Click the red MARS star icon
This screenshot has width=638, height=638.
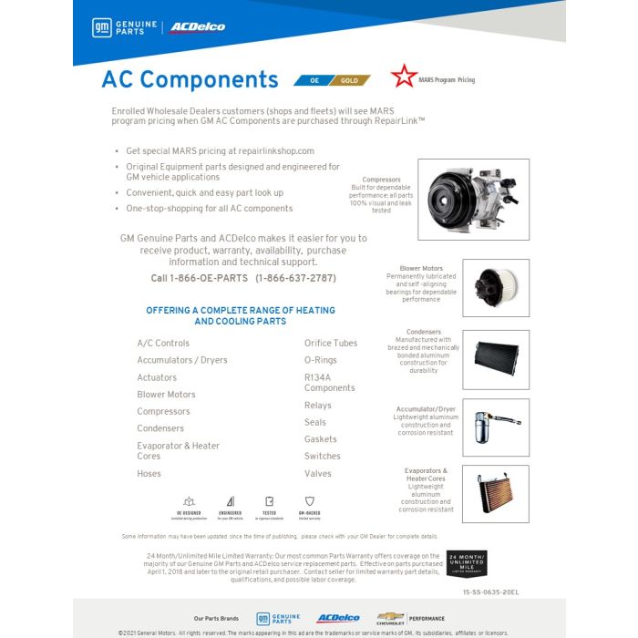403,77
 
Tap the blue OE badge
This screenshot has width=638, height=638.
313,80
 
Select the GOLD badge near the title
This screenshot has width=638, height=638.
350,80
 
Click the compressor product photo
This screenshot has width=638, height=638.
473,200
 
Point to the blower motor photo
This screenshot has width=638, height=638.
495,287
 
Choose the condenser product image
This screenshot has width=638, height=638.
495,359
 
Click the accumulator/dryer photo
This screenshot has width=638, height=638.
495,427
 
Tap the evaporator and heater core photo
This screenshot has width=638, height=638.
495,493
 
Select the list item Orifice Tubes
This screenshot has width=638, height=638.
331,344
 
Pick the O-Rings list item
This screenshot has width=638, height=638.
321,360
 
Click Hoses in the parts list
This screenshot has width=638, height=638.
149,474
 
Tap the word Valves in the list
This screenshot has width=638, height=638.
318,474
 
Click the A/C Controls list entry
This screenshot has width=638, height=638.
163,344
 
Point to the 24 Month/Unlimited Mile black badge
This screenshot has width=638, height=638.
468,564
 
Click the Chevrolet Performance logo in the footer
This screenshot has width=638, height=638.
410,618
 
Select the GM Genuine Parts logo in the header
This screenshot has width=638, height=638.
125,27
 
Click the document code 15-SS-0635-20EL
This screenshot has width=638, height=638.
490,592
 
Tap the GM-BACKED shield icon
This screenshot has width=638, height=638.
309,501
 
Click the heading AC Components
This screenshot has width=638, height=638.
190,80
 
